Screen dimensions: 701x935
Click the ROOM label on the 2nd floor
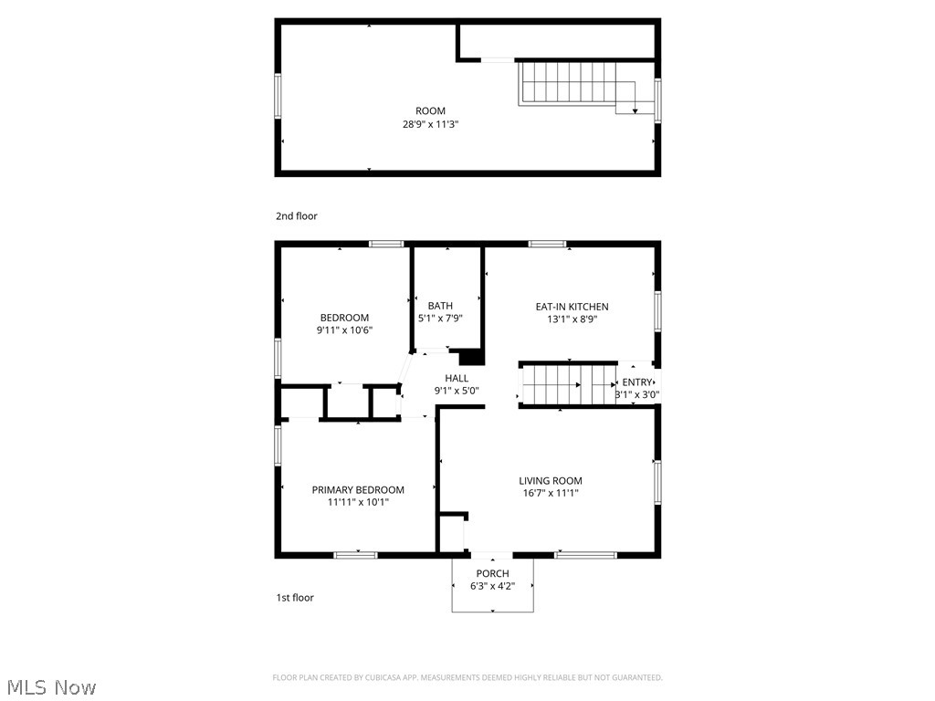click(x=430, y=111)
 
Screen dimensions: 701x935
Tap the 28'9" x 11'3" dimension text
click(x=430, y=124)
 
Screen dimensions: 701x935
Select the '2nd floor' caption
click(x=297, y=216)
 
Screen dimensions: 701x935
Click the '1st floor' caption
click(x=295, y=598)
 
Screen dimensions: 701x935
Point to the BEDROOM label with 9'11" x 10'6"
click(x=344, y=318)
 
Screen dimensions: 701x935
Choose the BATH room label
click(x=440, y=306)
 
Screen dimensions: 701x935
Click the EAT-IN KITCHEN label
click(x=572, y=307)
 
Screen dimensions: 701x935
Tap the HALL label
click(x=457, y=378)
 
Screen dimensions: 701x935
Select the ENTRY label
click(x=637, y=382)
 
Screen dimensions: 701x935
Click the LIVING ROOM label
click(x=551, y=481)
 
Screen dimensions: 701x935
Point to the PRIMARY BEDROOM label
click(x=358, y=490)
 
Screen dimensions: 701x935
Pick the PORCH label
click(x=493, y=574)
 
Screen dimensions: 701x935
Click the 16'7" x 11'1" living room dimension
click(x=551, y=494)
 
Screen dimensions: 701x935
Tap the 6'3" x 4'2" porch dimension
click(x=493, y=586)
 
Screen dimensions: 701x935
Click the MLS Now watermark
click(x=51, y=686)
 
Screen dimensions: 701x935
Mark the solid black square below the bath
click(x=470, y=357)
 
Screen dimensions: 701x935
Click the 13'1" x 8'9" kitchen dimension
click(x=572, y=319)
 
